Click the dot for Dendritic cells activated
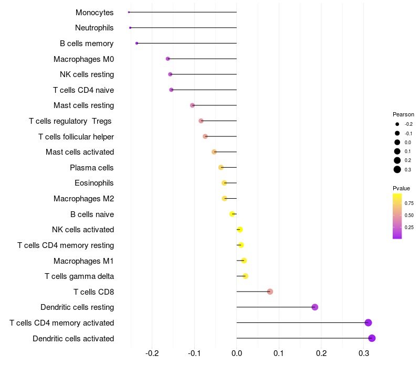(372, 338)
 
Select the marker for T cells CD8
(270, 292)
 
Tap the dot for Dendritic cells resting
(315, 307)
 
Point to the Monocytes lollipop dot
(129, 12)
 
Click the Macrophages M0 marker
(168, 59)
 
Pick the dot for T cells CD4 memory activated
(368, 322)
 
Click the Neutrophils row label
(94, 28)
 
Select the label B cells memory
(87, 44)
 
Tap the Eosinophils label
(94, 183)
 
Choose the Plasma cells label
(92, 168)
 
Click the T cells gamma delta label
(79, 276)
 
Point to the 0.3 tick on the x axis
(364, 353)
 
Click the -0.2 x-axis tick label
(152, 353)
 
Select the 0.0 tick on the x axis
(237, 353)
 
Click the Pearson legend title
(403, 114)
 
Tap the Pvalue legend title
(401, 188)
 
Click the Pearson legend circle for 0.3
(397, 169)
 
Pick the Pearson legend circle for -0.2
(397, 124)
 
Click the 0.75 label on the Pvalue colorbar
(409, 203)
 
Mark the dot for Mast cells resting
(192, 105)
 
